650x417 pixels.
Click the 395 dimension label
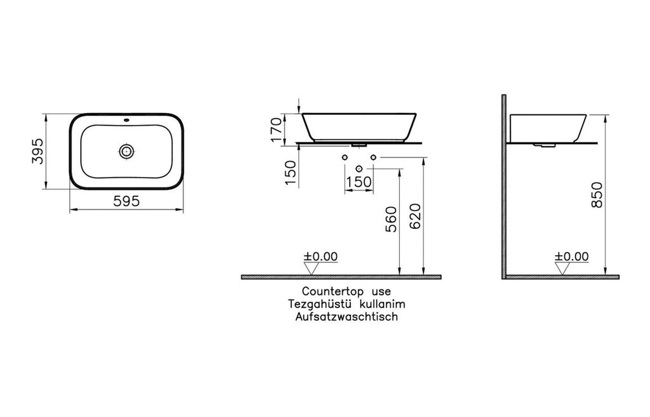[x=37, y=151]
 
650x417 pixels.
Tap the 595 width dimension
[x=126, y=201]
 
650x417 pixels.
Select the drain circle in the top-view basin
[x=126, y=151]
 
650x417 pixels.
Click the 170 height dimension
[x=276, y=129]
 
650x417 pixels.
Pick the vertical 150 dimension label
[x=291, y=173]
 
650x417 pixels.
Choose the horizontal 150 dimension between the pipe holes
[x=359, y=182]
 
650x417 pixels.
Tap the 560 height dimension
[x=391, y=219]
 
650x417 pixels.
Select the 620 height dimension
[x=415, y=217]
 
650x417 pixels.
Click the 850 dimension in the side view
[x=597, y=194]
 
